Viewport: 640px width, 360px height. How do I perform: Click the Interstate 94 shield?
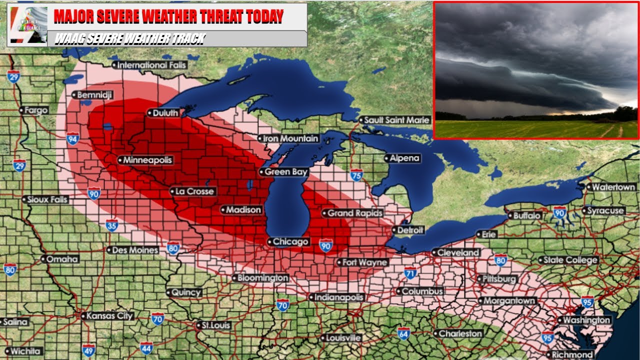(72, 138)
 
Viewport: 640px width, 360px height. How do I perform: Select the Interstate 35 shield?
(112, 225)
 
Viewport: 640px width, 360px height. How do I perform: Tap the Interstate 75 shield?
(356, 174)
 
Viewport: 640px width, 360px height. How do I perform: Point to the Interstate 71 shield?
(410, 273)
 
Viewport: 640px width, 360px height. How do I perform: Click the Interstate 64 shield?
(404, 333)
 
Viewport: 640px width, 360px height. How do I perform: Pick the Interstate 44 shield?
(146, 347)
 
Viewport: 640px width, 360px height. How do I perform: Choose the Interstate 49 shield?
(88, 350)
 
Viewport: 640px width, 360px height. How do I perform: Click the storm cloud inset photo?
(536, 70)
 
